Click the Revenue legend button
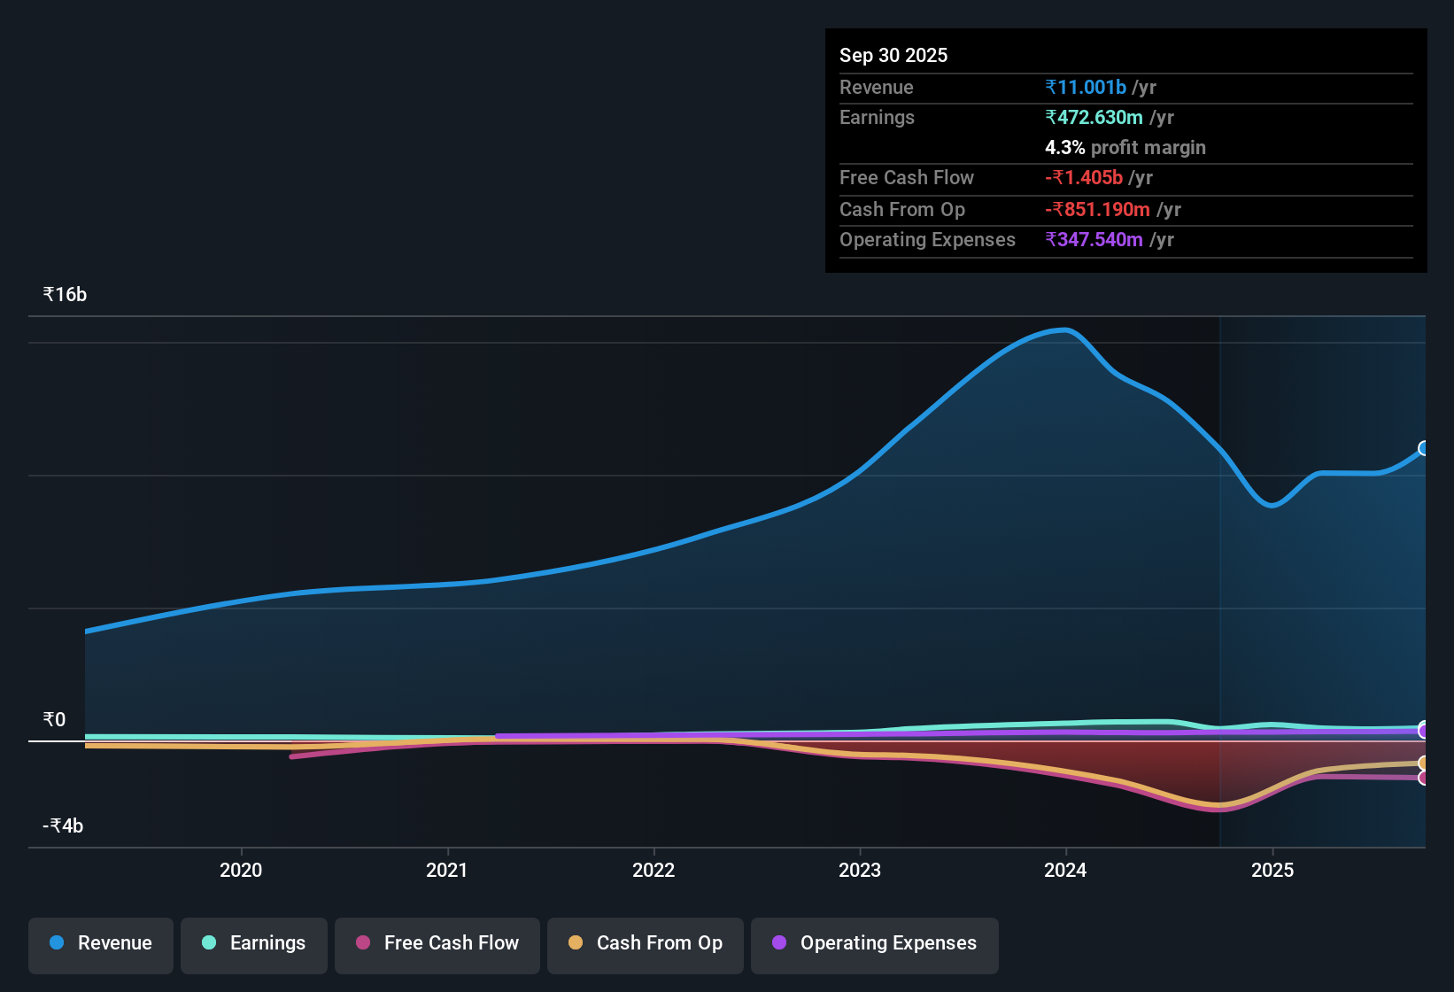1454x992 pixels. (101, 943)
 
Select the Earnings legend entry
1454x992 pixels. (254, 943)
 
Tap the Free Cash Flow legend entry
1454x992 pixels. (437, 943)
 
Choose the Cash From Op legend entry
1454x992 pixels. (646, 943)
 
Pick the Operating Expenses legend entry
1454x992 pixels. (875, 943)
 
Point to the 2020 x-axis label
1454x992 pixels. (241, 870)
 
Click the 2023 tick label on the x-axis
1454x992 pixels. (860, 870)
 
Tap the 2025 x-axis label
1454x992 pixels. (1272, 870)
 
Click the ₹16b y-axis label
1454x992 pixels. (65, 295)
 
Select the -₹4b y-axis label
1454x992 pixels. (63, 825)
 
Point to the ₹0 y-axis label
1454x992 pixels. (54, 719)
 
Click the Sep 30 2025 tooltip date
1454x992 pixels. (893, 55)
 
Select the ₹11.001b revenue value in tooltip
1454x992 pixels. (1086, 87)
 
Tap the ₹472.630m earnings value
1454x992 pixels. (1094, 117)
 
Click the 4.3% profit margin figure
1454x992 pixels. (1064, 147)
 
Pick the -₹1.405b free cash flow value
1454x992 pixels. (1084, 177)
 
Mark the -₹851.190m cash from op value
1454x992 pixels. (1097, 209)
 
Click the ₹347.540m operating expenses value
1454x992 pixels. (1094, 239)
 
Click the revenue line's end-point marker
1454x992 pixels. (1424, 448)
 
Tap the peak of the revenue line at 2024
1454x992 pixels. (1065, 330)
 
